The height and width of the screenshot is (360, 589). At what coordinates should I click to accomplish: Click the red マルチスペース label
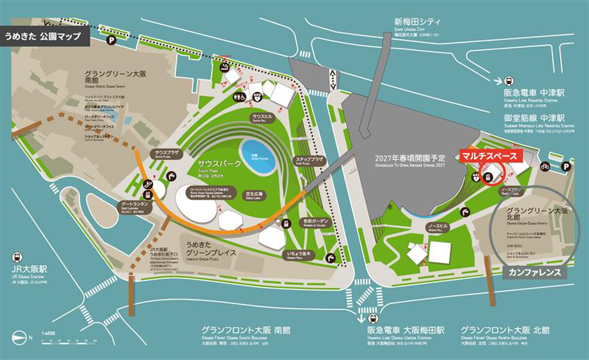pyautogui.click(x=490, y=156)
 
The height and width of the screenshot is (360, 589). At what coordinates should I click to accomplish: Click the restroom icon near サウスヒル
pyautogui.click(x=239, y=96)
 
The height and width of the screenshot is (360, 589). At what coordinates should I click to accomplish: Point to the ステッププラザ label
pyautogui.click(x=310, y=160)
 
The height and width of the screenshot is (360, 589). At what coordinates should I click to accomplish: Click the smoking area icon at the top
pyautogui.click(x=225, y=67)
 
